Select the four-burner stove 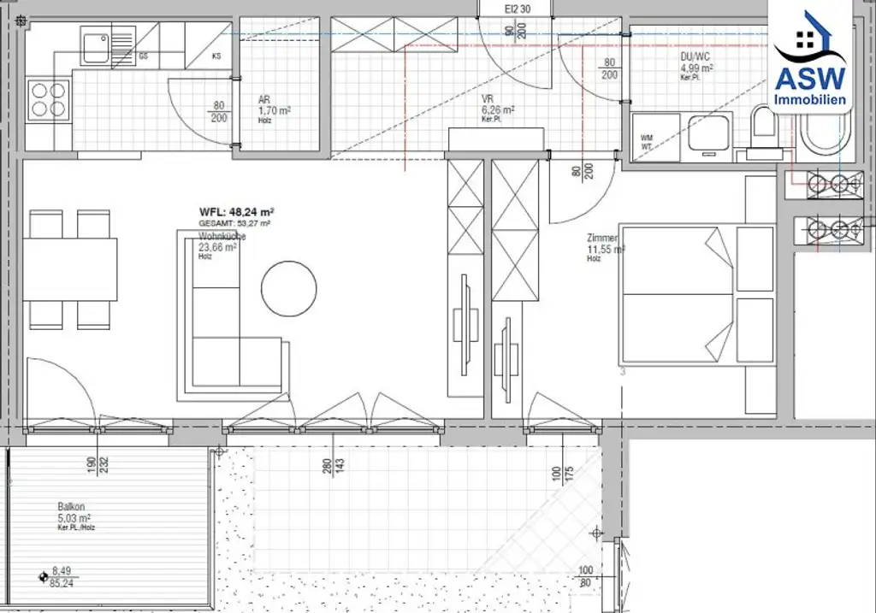(x=49, y=99)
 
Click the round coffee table (x=288, y=288)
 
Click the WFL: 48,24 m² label (x=236, y=212)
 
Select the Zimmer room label (x=602, y=239)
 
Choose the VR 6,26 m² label (x=497, y=110)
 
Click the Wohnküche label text (x=222, y=236)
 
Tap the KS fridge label (x=217, y=56)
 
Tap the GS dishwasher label (x=144, y=56)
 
